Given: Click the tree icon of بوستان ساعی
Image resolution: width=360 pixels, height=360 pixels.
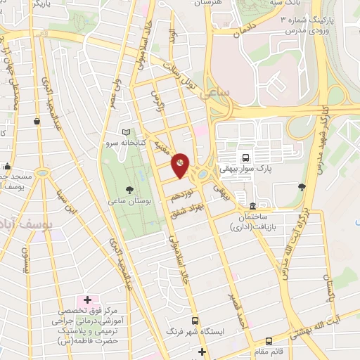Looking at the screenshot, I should [x=129, y=189].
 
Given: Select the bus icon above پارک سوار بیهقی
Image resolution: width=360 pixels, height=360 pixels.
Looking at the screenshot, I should [x=245, y=158].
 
